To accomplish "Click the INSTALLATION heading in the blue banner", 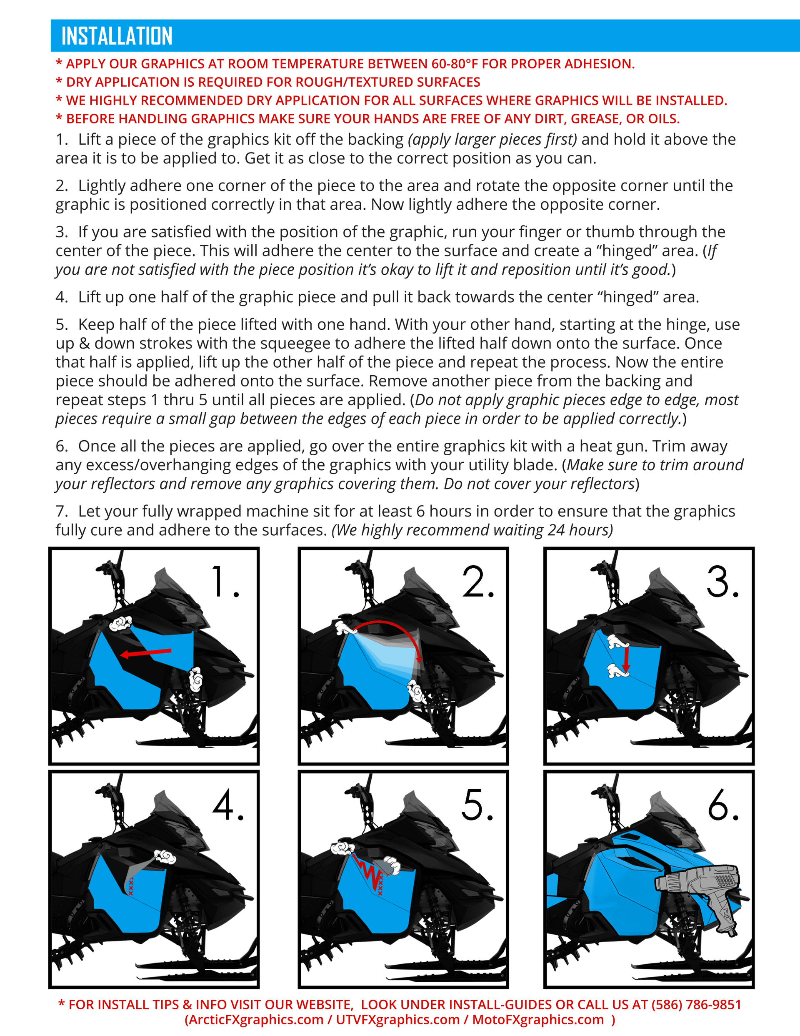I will point(117,36).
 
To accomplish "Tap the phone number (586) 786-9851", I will point(696,1004).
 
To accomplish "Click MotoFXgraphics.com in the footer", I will point(538,1019).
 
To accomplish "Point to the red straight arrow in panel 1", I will point(145,653).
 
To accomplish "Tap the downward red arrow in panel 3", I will point(626,660).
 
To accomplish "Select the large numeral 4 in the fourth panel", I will point(223,805).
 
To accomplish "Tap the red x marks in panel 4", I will point(131,886).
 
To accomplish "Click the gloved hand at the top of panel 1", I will point(120,623).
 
